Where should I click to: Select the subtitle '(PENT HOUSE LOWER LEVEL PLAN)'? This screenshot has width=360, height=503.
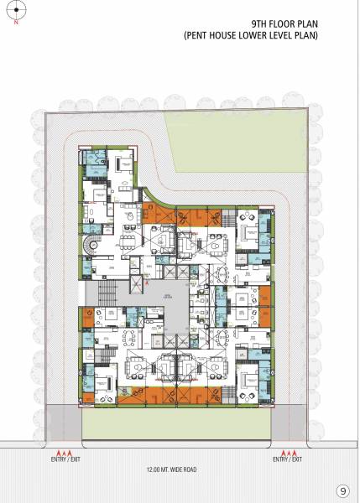coord(251,38)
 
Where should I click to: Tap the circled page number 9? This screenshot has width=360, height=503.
coord(342,491)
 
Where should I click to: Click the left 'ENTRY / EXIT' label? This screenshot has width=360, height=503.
coord(63,459)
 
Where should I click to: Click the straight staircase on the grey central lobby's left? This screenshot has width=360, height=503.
coord(106,295)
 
